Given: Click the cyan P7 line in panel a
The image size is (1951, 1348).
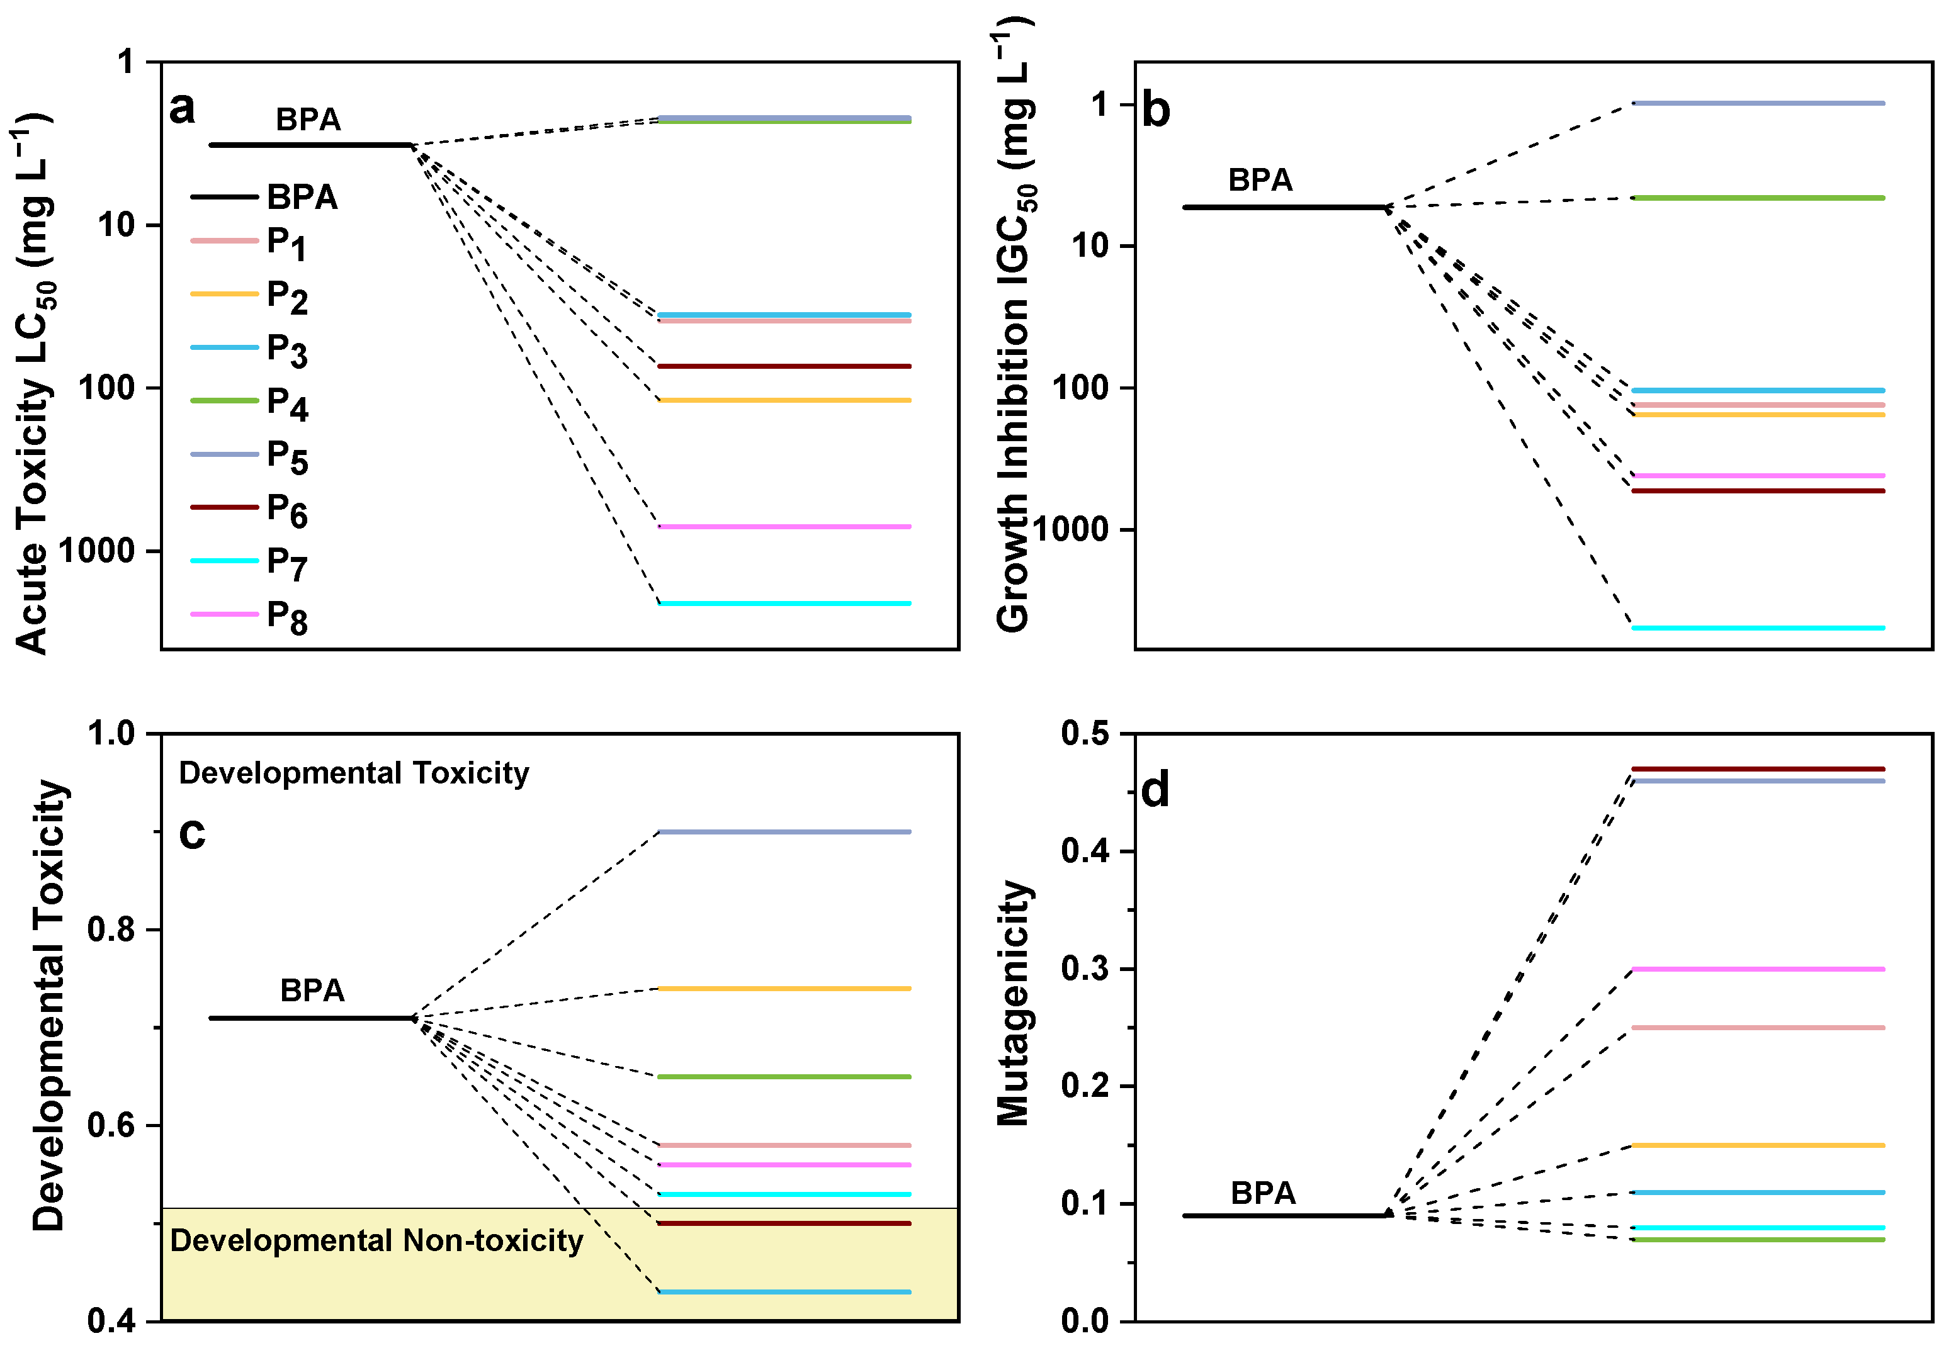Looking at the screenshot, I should tap(784, 603).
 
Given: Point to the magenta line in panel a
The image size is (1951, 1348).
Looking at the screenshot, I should tap(784, 527).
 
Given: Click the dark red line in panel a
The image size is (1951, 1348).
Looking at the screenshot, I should tap(784, 366).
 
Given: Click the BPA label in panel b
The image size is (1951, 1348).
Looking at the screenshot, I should tap(1260, 180).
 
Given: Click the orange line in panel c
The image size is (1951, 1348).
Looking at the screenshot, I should tap(784, 988).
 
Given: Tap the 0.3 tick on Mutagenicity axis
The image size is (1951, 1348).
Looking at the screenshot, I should tap(1086, 968).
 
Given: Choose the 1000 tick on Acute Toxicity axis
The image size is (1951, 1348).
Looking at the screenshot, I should tap(96, 551).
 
